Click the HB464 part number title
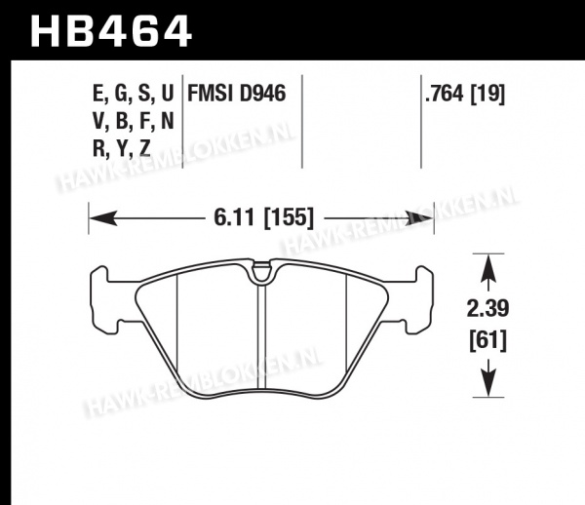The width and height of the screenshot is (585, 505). (111, 31)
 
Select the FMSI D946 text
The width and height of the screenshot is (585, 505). (237, 94)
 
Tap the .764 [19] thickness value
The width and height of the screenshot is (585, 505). (464, 94)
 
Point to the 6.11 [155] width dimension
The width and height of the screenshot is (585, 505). (264, 217)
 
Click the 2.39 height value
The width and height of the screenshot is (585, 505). (487, 309)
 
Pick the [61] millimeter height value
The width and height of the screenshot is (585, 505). (487, 340)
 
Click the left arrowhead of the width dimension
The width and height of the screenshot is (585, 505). (103, 218)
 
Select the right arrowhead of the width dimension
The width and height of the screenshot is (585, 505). (419, 218)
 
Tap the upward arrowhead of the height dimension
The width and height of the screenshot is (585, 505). (488, 267)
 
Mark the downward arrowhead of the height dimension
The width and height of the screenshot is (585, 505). (488, 383)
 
